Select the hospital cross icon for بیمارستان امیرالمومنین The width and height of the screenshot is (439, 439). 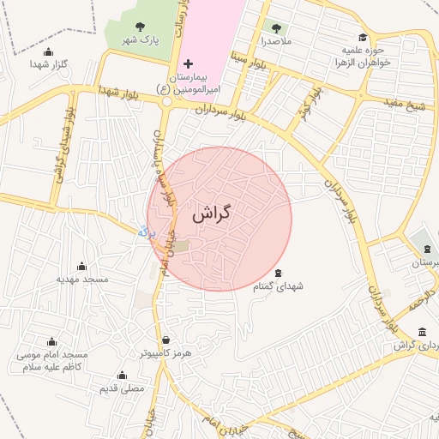click(189, 64)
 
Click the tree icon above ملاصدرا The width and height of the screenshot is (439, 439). click(275, 27)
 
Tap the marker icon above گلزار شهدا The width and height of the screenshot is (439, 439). click(48, 52)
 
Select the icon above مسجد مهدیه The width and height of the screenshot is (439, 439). click(82, 267)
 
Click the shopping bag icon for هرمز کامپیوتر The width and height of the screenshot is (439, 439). click(165, 340)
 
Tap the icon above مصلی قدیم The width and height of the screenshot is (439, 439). click(121, 376)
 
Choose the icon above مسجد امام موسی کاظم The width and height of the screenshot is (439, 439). click(51, 342)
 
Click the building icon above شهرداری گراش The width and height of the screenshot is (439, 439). click(420, 332)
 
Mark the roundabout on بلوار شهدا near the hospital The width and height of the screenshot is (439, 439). click(166, 100)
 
